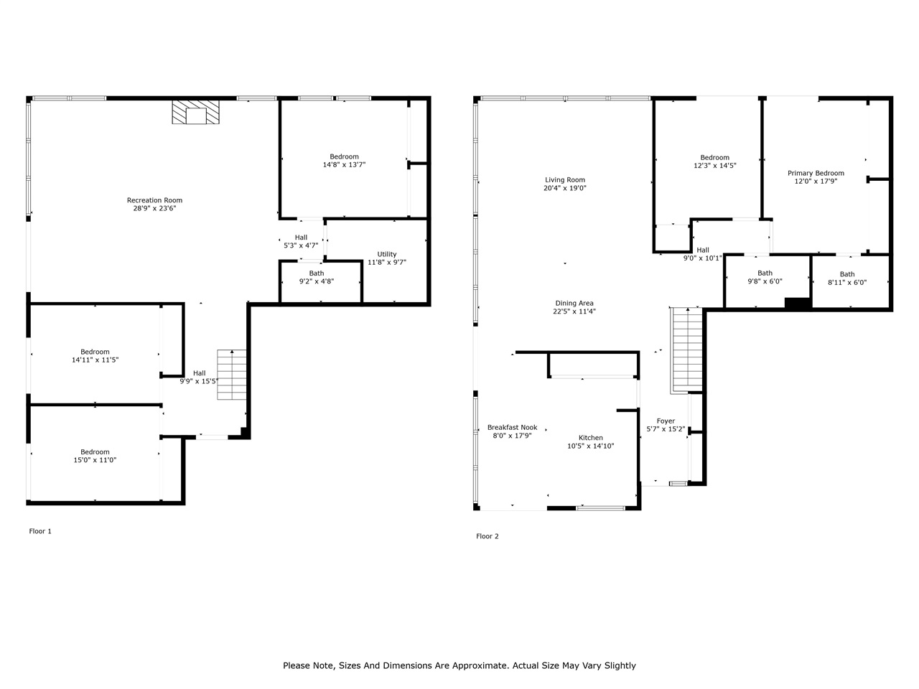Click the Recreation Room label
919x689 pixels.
[x=154, y=200]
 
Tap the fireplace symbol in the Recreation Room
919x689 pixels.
[x=195, y=113]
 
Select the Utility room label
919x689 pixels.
[x=387, y=254]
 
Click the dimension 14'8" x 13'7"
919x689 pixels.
[x=344, y=165]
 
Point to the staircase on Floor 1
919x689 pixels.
[x=232, y=375]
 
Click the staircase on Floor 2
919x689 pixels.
[x=686, y=349]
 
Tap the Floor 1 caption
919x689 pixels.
[x=40, y=531]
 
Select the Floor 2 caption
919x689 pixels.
[x=487, y=536]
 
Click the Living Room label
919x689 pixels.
[x=565, y=180]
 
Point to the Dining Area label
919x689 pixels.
[x=574, y=303]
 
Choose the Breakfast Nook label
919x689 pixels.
[x=512, y=427]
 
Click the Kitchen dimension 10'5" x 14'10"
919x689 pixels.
[x=591, y=446]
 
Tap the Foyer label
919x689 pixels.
[x=666, y=421]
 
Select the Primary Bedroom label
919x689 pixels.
[x=816, y=173]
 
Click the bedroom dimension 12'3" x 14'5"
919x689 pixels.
[x=714, y=166]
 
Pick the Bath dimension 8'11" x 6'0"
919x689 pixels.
[x=847, y=282]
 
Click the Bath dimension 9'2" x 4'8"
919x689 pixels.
[x=317, y=281]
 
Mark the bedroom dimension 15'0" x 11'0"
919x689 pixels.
[x=95, y=460]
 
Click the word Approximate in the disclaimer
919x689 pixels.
[x=478, y=665]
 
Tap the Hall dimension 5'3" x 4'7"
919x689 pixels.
[x=301, y=245]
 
